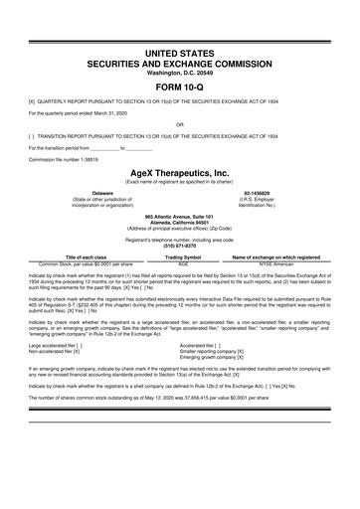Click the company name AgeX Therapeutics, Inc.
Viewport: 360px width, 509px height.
click(x=179, y=172)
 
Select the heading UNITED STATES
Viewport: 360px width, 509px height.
click(x=179, y=51)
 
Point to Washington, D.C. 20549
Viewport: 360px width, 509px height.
click(x=179, y=72)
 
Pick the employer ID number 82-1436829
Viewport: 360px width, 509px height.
click(x=258, y=192)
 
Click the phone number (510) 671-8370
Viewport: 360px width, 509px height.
click(x=179, y=246)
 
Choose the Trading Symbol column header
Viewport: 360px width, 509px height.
click(x=183, y=256)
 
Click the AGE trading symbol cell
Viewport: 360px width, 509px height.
click(x=183, y=263)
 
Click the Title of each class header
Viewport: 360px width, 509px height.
click(x=86, y=256)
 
